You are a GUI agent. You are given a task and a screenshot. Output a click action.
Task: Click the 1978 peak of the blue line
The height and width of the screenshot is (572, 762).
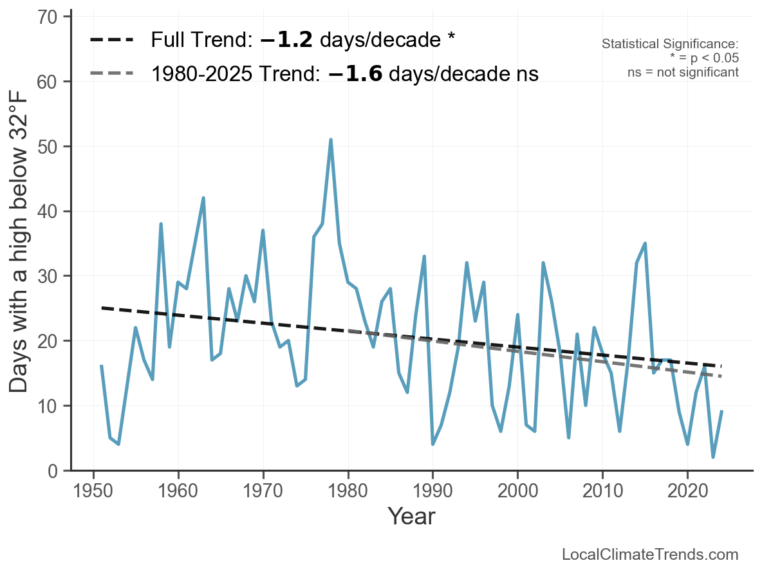pos(330,140)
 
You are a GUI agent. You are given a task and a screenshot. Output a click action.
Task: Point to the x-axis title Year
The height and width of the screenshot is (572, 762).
pos(411,516)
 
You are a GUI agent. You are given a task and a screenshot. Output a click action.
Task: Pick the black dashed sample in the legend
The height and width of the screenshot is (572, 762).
pos(111,40)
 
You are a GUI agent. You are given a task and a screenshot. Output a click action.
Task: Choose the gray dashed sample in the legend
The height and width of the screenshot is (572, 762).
pos(111,73)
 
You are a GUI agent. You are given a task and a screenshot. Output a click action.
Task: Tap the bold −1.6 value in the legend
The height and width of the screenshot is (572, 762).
pos(355,73)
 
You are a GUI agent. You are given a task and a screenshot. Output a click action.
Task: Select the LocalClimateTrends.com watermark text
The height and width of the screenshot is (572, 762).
pos(650,555)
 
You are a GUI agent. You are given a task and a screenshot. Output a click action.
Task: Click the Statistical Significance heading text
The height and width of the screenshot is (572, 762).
pos(670,44)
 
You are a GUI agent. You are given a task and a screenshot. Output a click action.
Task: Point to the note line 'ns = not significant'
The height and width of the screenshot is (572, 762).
pos(683,72)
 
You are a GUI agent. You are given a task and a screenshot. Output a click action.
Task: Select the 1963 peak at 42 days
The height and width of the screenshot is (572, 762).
pos(203,198)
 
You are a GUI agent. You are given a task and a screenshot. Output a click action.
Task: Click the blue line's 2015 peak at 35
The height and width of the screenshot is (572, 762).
pos(645,243)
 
